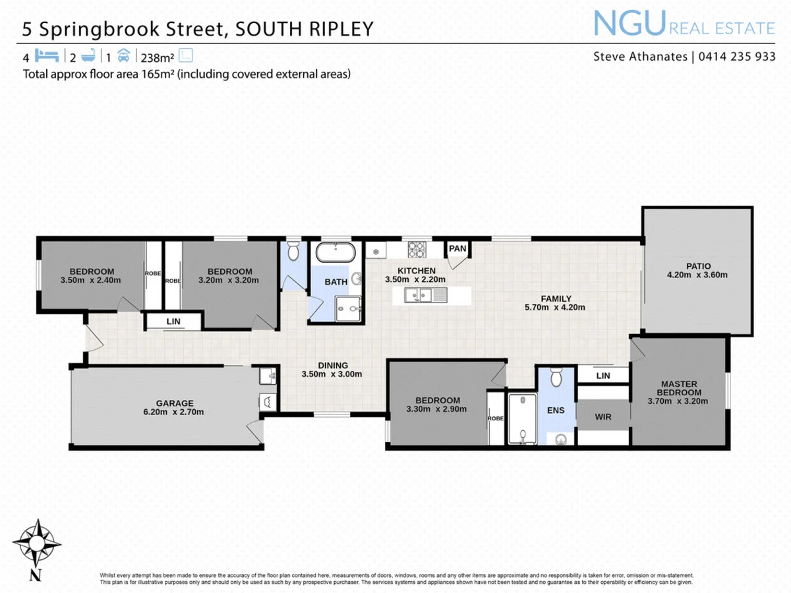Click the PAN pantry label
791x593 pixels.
457,248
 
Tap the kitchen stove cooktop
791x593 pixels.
417,250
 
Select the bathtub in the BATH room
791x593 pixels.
336,252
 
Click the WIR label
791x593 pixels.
603,416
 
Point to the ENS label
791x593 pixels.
555,410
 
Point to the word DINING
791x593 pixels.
332,366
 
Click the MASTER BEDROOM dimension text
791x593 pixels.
679,400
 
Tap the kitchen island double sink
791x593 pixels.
420,295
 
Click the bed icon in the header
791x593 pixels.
47,55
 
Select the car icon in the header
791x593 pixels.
125,55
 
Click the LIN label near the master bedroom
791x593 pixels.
602,376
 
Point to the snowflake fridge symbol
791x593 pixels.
376,252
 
